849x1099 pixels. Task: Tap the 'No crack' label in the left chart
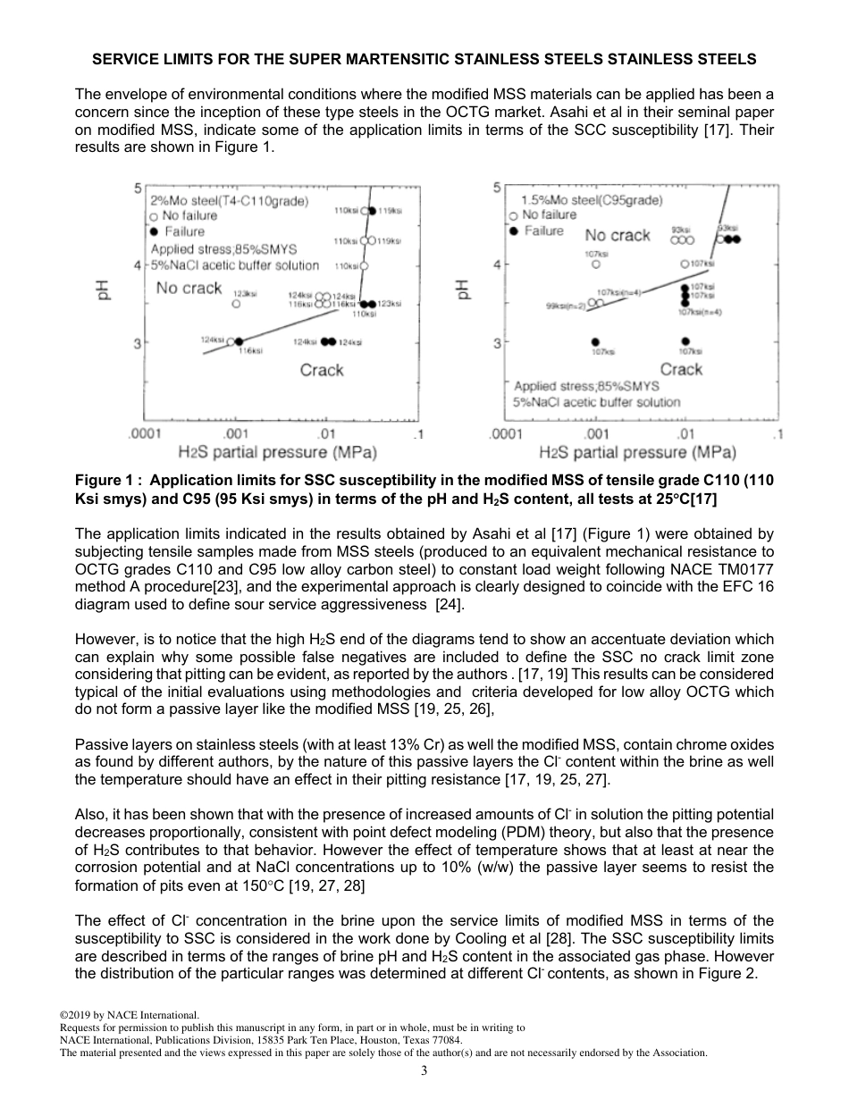(189, 288)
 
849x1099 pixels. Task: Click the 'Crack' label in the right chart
(681, 369)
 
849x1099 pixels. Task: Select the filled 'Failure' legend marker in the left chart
(154, 231)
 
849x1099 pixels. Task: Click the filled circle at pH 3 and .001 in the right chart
(595, 340)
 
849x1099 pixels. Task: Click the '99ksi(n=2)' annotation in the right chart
(565, 306)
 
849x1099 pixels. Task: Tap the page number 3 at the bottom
(424, 1070)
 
